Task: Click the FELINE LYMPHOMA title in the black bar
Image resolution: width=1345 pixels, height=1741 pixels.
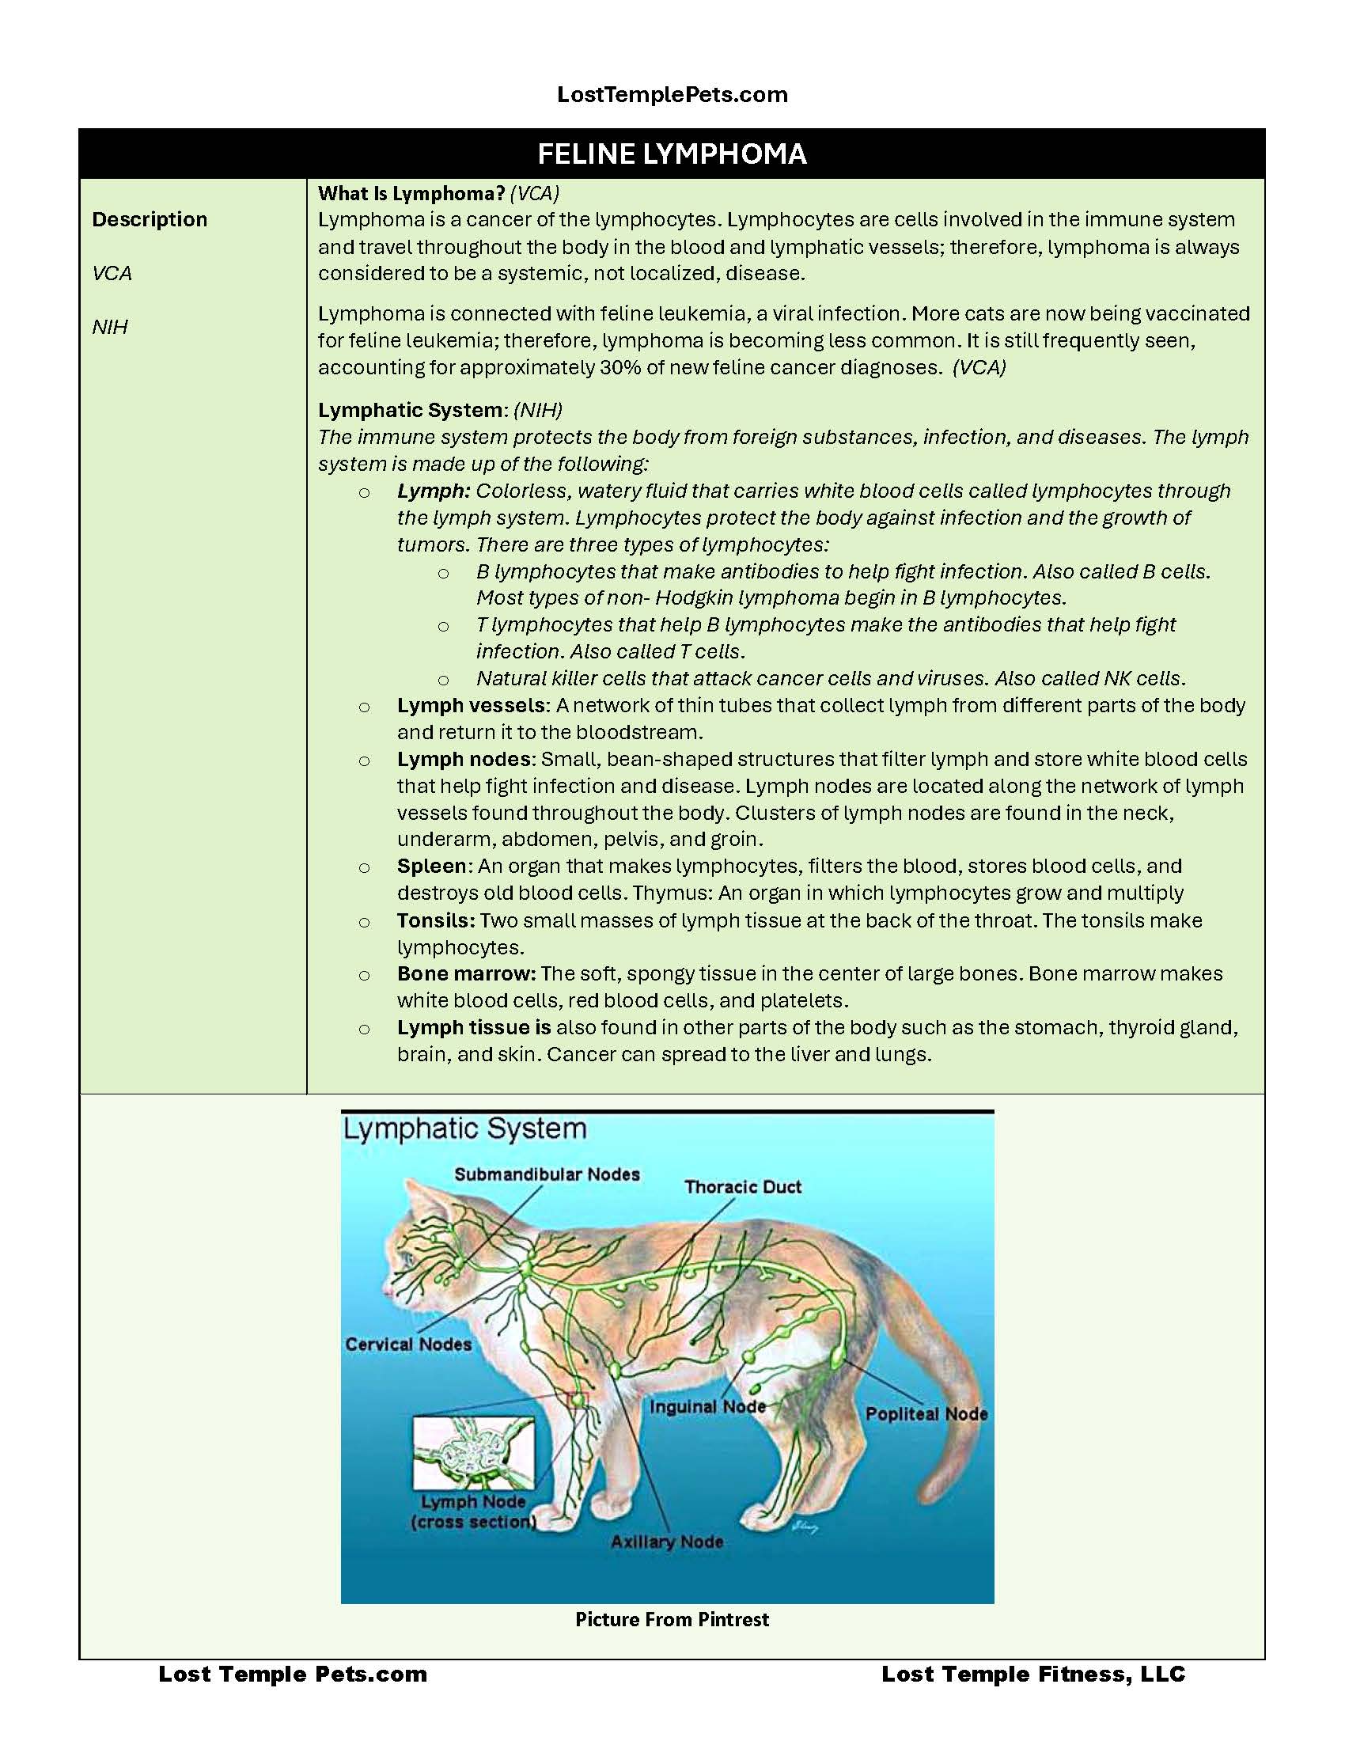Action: (672, 154)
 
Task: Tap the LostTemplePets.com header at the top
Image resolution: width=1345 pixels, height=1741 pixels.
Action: (672, 95)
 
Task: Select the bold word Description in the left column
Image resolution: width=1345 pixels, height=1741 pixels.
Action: (150, 219)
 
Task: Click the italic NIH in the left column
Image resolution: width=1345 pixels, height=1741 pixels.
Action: (110, 327)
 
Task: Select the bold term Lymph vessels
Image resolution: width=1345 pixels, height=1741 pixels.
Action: (470, 705)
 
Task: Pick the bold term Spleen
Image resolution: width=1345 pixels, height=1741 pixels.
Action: (431, 866)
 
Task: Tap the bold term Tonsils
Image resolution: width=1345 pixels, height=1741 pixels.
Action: (436, 920)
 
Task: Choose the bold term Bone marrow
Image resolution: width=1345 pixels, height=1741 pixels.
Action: (466, 973)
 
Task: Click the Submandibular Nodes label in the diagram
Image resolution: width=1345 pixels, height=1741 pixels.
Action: (547, 1174)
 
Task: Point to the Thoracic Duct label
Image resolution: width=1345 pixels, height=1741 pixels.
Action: (743, 1187)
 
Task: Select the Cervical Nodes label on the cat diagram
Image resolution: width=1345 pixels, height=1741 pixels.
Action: (408, 1344)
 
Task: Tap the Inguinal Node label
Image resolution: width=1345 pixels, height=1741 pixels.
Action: (707, 1407)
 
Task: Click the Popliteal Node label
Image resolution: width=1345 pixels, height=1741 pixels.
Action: (926, 1414)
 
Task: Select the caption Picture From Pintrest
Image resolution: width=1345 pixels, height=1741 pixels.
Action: (672, 1620)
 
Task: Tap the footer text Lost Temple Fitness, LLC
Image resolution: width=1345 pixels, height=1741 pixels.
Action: (1032, 1674)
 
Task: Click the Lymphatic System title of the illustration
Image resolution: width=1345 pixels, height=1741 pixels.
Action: (464, 1128)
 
